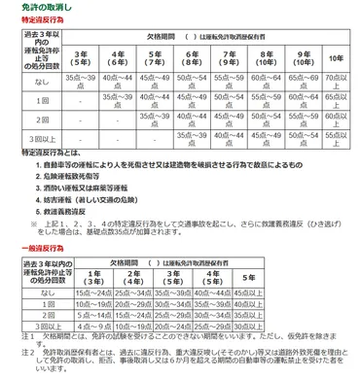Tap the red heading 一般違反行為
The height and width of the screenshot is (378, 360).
(x=26, y=249)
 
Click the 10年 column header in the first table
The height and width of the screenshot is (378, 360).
(x=337, y=57)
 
